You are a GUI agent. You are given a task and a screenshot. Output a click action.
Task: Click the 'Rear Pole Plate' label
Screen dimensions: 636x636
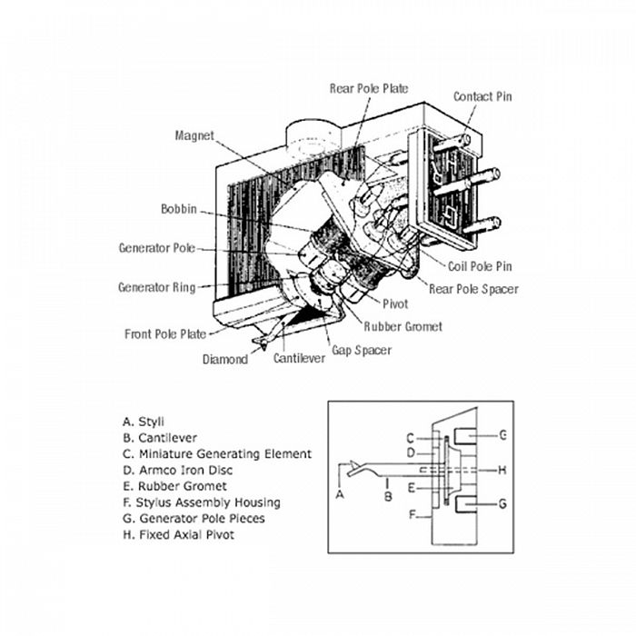point(368,89)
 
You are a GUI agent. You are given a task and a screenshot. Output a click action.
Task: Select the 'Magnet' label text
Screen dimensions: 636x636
point(194,136)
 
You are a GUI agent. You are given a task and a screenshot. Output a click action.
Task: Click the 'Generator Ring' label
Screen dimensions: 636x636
point(156,288)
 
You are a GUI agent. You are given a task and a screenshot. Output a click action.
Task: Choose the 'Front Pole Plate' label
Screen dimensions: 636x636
point(164,334)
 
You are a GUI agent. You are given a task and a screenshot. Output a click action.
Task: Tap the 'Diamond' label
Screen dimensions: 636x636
point(224,360)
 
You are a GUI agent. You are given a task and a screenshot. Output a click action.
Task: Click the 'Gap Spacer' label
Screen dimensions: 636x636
point(361,350)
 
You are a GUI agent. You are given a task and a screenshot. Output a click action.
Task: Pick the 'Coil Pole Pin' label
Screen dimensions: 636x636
point(480,267)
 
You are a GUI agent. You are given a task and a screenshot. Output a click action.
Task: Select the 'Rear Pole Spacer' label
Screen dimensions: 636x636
point(473,290)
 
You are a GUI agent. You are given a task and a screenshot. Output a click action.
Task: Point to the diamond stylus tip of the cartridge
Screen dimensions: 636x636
point(261,343)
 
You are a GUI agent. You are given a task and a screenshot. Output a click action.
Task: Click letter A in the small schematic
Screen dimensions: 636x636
point(340,495)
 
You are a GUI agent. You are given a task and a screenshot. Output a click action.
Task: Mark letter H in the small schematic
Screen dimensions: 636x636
point(502,470)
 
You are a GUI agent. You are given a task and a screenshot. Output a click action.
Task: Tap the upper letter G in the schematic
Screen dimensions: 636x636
point(502,435)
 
